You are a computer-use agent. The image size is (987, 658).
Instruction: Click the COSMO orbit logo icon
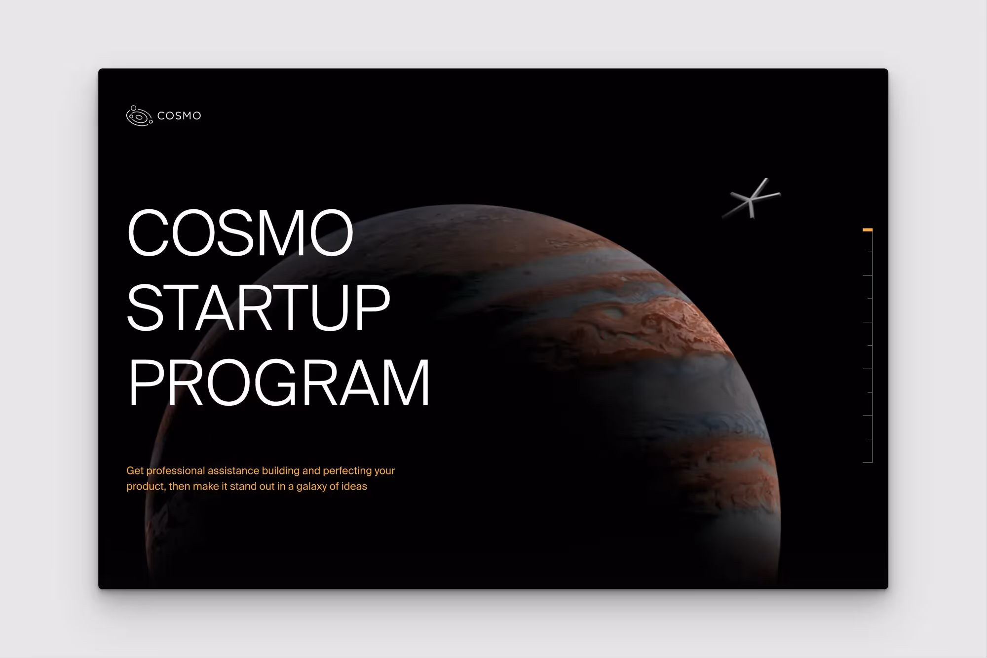(x=139, y=116)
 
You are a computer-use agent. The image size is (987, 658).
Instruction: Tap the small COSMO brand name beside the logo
(x=179, y=116)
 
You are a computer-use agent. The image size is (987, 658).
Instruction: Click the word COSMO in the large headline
(x=240, y=232)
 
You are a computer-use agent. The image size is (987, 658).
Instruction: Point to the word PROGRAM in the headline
(x=279, y=383)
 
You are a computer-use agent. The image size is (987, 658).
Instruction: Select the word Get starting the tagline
(x=135, y=471)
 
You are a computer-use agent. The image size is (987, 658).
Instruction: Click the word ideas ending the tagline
(x=354, y=487)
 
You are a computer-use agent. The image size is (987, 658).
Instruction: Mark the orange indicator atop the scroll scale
(x=868, y=230)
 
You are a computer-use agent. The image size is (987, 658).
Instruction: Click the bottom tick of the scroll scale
(x=868, y=463)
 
